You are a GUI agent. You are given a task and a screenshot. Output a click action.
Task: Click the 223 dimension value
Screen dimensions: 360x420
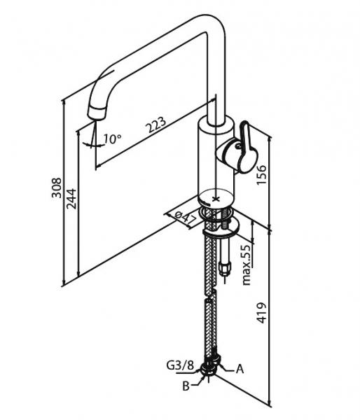point(155,125)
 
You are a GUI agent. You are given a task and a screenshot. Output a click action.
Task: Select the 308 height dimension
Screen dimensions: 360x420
point(57,188)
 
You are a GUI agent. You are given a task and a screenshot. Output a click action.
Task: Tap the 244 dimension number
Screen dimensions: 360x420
point(71,199)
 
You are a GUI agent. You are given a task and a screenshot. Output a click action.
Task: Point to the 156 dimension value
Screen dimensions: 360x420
point(261,174)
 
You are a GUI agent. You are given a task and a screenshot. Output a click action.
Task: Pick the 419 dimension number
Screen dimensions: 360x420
point(261,313)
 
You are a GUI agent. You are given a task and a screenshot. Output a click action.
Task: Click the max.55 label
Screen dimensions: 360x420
point(246,265)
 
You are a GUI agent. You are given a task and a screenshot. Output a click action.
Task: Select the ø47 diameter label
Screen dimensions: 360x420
point(186,218)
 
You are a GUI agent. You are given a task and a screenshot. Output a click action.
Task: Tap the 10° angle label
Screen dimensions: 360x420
point(113,139)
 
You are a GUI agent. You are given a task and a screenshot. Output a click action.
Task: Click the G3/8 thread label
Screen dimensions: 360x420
point(180,365)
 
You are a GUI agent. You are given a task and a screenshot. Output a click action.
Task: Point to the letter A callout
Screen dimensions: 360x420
point(240,369)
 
